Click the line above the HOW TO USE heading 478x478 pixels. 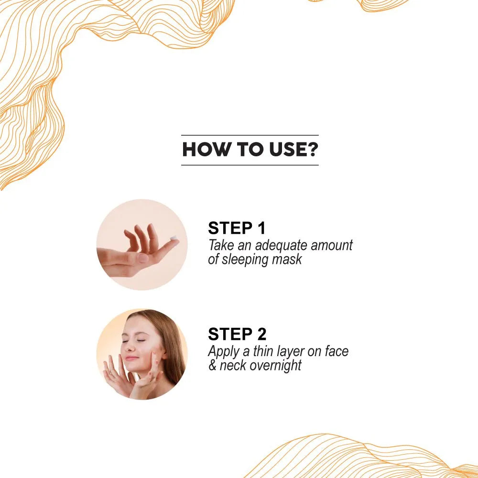[x=250, y=135]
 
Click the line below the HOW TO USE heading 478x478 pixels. [x=250, y=165]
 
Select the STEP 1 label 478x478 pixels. [x=237, y=228]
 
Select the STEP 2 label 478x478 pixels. [x=237, y=334]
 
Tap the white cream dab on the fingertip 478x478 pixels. [x=174, y=238]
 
